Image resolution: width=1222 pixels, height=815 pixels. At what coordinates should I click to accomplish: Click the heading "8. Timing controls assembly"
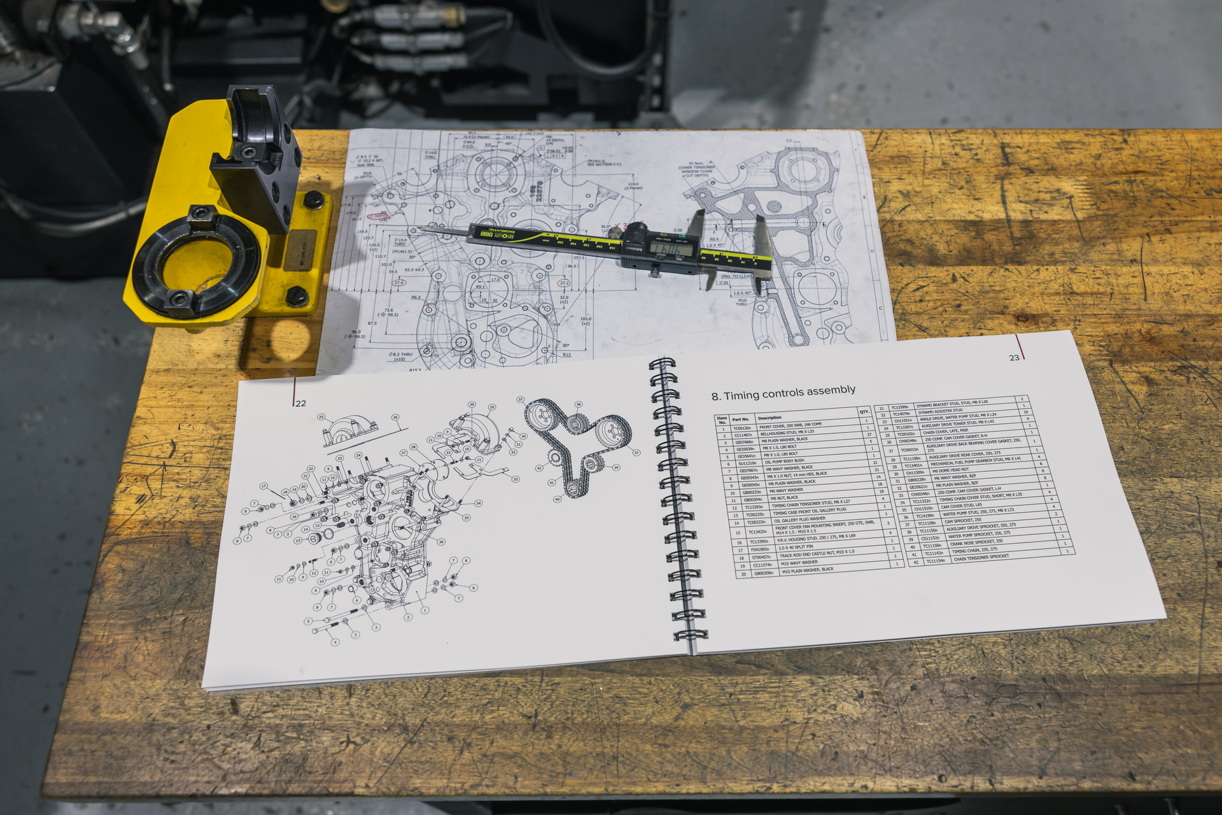pos(783,393)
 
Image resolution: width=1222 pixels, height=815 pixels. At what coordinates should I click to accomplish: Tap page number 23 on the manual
pos(1014,358)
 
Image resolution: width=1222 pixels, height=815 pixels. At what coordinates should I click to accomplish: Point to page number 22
pos(301,403)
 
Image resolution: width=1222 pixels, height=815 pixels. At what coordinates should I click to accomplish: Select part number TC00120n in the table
pos(741,429)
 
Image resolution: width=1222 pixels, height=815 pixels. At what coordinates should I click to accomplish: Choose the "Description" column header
pos(769,418)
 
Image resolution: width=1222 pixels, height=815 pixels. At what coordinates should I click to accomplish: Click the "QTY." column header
pos(864,412)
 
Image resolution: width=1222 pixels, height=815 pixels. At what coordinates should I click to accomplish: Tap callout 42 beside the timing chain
pos(538,468)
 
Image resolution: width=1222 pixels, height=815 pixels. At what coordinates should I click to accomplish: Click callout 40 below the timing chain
pos(557,499)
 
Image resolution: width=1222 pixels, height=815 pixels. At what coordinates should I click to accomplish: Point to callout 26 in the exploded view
pos(395,418)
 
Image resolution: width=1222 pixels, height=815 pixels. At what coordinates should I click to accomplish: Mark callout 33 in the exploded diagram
pos(516,479)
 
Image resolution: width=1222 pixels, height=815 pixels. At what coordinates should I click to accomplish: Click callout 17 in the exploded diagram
pos(263,486)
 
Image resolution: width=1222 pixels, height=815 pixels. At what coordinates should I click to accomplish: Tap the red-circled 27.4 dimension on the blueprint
pos(399,283)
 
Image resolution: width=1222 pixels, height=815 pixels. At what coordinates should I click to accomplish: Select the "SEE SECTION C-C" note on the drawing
pos(604,164)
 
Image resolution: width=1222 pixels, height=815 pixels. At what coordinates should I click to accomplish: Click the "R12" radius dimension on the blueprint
pos(566,355)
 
